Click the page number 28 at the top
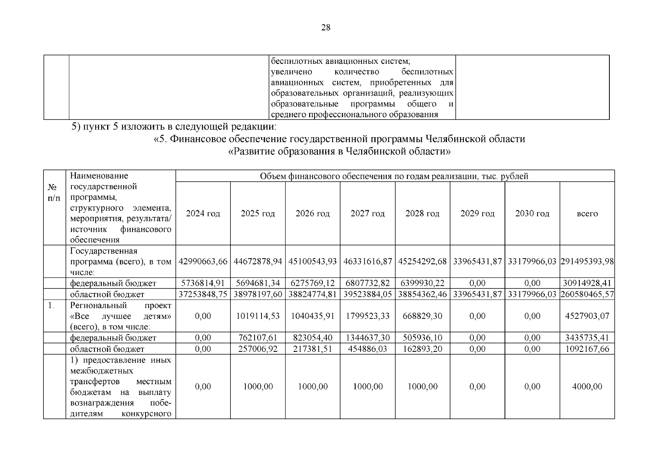(326, 27)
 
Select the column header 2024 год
(203, 214)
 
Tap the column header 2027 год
(367, 214)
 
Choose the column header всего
(587, 214)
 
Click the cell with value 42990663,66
(203, 262)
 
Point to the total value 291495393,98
(587, 262)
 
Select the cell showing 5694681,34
(258, 283)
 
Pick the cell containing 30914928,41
(587, 283)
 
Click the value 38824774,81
(313, 294)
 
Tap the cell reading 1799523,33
(367, 316)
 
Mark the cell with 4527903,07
(587, 316)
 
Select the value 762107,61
(258, 338)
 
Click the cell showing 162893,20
(422, 349)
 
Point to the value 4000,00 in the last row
(587, 386)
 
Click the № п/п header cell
(54, 192)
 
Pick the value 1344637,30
(367, 338)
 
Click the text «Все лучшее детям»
(121, 316)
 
